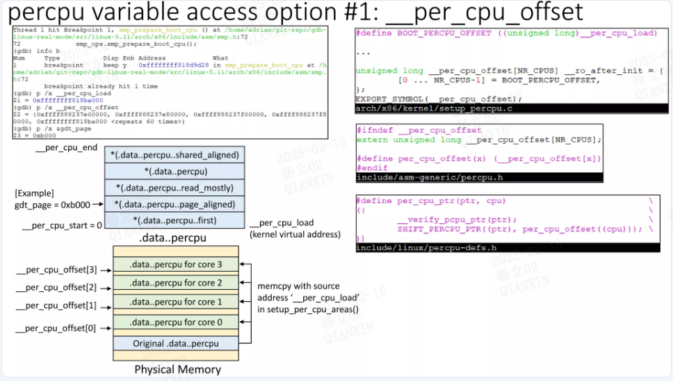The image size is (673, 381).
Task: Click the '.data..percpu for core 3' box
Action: click(x=176, y=264)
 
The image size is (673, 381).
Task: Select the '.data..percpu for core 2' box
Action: click(x=176, y=283)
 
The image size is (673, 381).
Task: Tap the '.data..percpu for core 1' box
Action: click(x=176, y=302)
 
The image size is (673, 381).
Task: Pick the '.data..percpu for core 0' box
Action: click(x=176, y=322)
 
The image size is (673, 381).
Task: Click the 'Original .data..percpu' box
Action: click(x=176, y=343)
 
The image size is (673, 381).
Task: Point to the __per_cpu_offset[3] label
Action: click(x=56, y=268)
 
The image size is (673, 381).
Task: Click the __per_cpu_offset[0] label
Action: click(x=56, y=327)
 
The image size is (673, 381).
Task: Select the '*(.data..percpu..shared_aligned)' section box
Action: click(x=175, y=154)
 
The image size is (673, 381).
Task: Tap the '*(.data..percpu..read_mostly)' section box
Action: click(x=175, y=188)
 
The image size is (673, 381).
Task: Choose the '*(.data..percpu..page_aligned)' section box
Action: click(x=175, y=204)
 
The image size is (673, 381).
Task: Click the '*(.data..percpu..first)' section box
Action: click(x=175, y=220)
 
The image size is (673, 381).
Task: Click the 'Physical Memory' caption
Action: click(x=177, y=369)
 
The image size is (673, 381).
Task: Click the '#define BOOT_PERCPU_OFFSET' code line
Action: click(x=505, y=33)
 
